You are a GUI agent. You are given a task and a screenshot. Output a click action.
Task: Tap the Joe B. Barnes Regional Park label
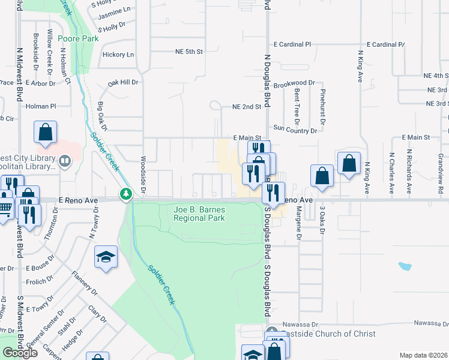point(199,214)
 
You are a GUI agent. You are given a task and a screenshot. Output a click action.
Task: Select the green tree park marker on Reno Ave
point(125,193)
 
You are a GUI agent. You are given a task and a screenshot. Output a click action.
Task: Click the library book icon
point(64,161)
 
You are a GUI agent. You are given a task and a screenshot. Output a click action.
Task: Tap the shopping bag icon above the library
point(46,133)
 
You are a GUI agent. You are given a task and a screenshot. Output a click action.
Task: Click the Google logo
point(20,353)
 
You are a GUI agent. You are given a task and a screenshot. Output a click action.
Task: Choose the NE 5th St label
point(186,52)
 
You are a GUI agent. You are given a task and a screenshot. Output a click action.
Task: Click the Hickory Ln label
point(118,55)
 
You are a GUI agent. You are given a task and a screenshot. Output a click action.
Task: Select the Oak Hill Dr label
point(123,82)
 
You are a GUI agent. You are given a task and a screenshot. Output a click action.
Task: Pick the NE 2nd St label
point(247,107)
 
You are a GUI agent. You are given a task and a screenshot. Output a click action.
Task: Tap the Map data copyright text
point(423,355)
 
